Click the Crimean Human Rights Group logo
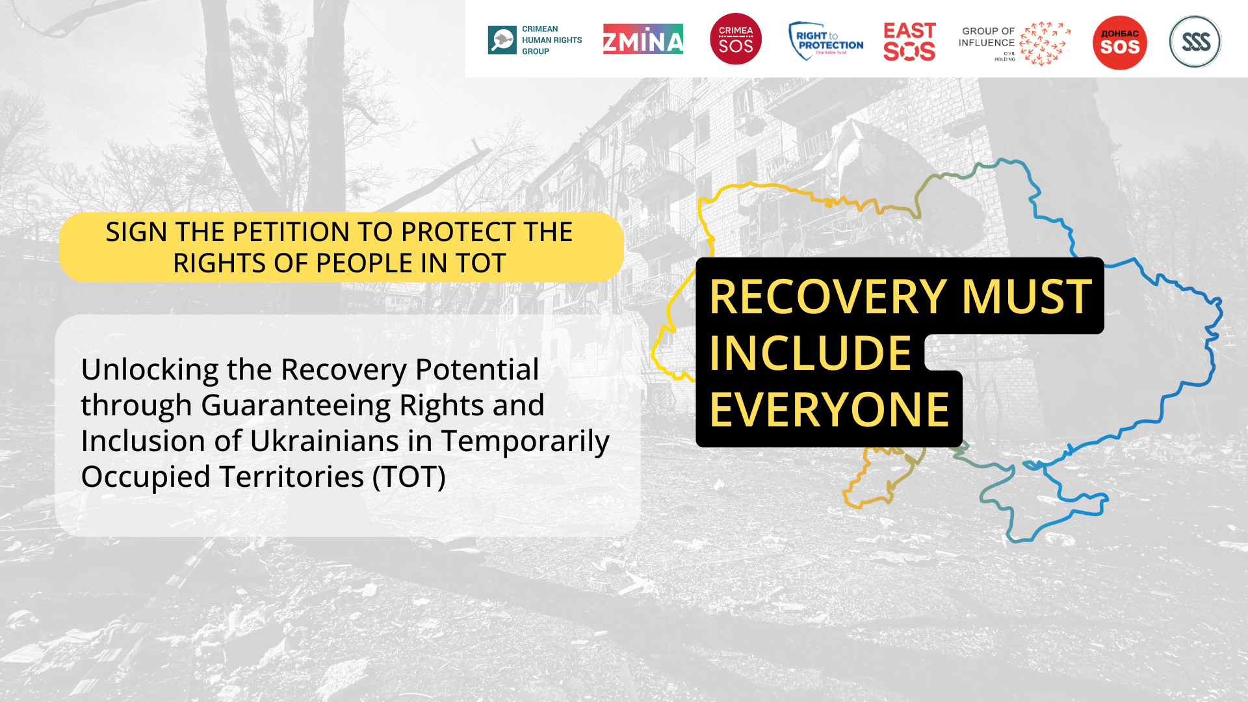coord(535,40)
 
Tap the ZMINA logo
coord(643,39)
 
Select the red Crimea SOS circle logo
coord(736,39)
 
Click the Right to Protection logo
coord(826,40)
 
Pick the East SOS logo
coord(909,42)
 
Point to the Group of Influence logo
coord(1015,44)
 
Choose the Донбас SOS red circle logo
coord(1120,43)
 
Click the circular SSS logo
coord(1195,42)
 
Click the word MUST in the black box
coord(1027,296)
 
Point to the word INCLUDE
coord(811,353)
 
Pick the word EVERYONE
coord(829,409)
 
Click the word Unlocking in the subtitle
coord(149,370)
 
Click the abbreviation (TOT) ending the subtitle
coord(409,477)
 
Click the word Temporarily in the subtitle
coord(525,442)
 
